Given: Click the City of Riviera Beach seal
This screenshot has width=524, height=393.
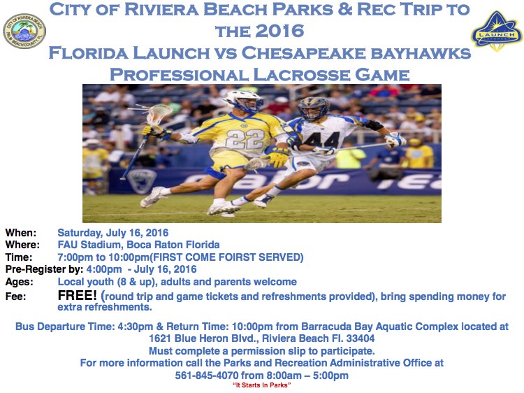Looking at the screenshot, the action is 24,31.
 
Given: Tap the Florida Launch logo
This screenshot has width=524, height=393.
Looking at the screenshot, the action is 497,31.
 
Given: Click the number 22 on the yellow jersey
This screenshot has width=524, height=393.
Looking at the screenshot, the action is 245,138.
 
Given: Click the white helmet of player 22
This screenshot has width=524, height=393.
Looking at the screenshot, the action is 242,101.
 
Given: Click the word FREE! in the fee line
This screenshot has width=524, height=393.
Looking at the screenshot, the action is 77,295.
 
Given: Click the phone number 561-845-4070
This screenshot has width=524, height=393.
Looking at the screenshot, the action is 207,376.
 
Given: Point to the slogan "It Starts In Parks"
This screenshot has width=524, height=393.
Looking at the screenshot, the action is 262,385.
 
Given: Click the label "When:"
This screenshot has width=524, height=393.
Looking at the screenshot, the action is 21,233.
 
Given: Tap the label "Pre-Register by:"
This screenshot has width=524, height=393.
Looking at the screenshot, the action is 44,270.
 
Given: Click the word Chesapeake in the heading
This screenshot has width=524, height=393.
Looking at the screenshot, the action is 303,53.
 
